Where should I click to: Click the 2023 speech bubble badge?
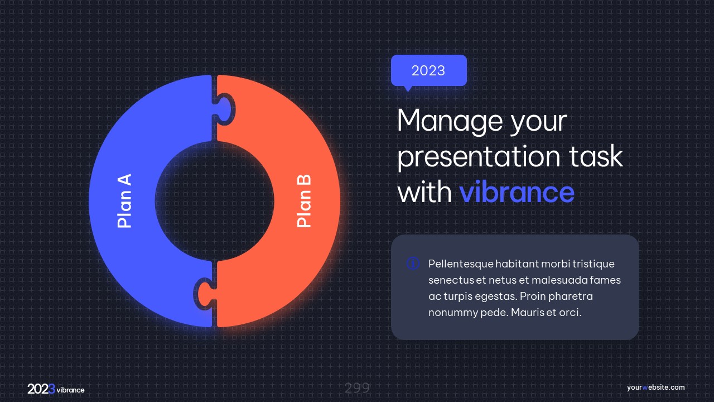tap(429, 71)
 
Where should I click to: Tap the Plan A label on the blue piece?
tap(124, 200)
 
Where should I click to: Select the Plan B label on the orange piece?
tap(303, 201)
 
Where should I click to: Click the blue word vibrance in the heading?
tap(517, 192)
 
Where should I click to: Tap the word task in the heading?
tap(596, 156)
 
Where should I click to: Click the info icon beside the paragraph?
tap(413, 264)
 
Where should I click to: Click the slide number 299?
tap(357, 388)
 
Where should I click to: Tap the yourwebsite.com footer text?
tap(655, 387)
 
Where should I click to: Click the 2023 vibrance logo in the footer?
tap(56, 389)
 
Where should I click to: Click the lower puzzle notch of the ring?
tap(204, 294)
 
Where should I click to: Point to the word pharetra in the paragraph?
tap(571, 296)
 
